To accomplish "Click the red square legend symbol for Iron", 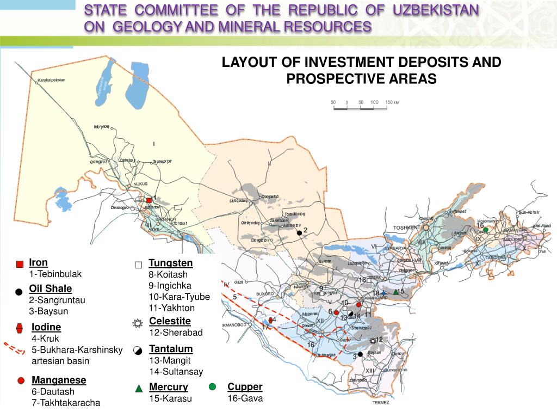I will pyautogui.click(x=20, y=265).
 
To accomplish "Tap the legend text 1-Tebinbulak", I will pyautogui.click(x=55, y=274).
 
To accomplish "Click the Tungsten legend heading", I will pyautogui.click(x=170, y=263).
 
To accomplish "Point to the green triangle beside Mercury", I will pyautogui.click(x=139, y=388).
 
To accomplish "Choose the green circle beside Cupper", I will pyautogui.click(x=212, y=386).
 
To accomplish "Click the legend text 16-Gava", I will pyautogui.click(x=245, y=398).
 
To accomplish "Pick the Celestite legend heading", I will pyautogui.click(x=170, y=321).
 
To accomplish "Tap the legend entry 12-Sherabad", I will pyautogui.click(x=175, y=333).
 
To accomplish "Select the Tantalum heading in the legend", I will pyautogui.click(x=171, y=349).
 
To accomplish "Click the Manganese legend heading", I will pyautogui.click(x=59, y=380).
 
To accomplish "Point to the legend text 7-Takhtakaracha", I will pyautogui.click(x=65, y=403).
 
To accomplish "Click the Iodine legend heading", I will pyautogui.click(x=46, y=327).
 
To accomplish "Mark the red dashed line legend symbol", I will pyautogui.click(x=15, y=348).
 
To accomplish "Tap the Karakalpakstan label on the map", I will pyautogui.click(x=51, y=81).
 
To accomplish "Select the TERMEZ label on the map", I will pyautogui.click(x=381, y=403).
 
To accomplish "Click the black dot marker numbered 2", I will pyautogui.click(x=299, y=233).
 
